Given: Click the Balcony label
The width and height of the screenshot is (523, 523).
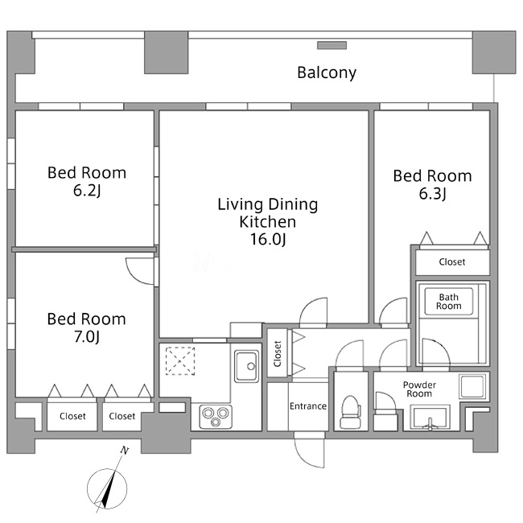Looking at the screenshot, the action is (327, 72).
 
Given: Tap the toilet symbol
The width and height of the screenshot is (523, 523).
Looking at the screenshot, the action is (350, 412).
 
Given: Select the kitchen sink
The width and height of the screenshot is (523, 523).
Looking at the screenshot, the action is (246, 366).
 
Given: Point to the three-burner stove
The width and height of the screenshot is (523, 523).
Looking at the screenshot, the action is (216, 417).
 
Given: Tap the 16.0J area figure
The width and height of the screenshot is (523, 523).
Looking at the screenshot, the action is (268, 239).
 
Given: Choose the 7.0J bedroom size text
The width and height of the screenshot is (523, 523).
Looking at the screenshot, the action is (87, 336).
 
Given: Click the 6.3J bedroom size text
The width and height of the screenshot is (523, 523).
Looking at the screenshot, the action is (432, 193).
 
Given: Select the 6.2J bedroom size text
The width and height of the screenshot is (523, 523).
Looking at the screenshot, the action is (87, 190).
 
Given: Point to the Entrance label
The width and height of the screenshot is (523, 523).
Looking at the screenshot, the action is (308, 406).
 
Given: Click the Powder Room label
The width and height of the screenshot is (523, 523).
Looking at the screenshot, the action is (419, 389).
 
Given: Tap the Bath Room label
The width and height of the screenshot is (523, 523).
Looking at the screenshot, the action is (449, 301).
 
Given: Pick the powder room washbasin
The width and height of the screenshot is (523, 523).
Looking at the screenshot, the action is (430, 417).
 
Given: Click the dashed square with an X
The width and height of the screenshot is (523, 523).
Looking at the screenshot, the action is (180, 361).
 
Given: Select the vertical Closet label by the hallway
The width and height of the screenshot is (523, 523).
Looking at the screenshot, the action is (277, 353).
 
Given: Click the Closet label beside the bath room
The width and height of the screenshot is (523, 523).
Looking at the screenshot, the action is (452, 261).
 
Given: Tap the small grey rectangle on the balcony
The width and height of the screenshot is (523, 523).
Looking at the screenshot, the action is (332, 45).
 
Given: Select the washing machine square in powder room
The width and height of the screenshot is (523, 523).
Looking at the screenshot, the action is (472, 386).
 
